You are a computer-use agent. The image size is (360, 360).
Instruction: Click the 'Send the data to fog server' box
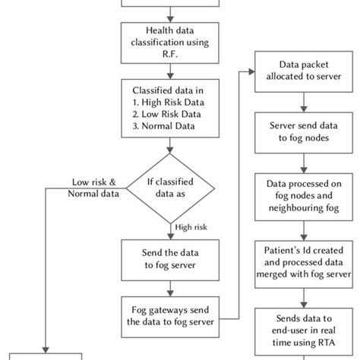[x=169, y=258]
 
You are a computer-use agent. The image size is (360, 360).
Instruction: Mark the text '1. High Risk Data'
[x=169, y=113]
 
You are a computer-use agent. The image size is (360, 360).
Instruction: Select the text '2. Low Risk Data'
[x=168, y=125]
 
